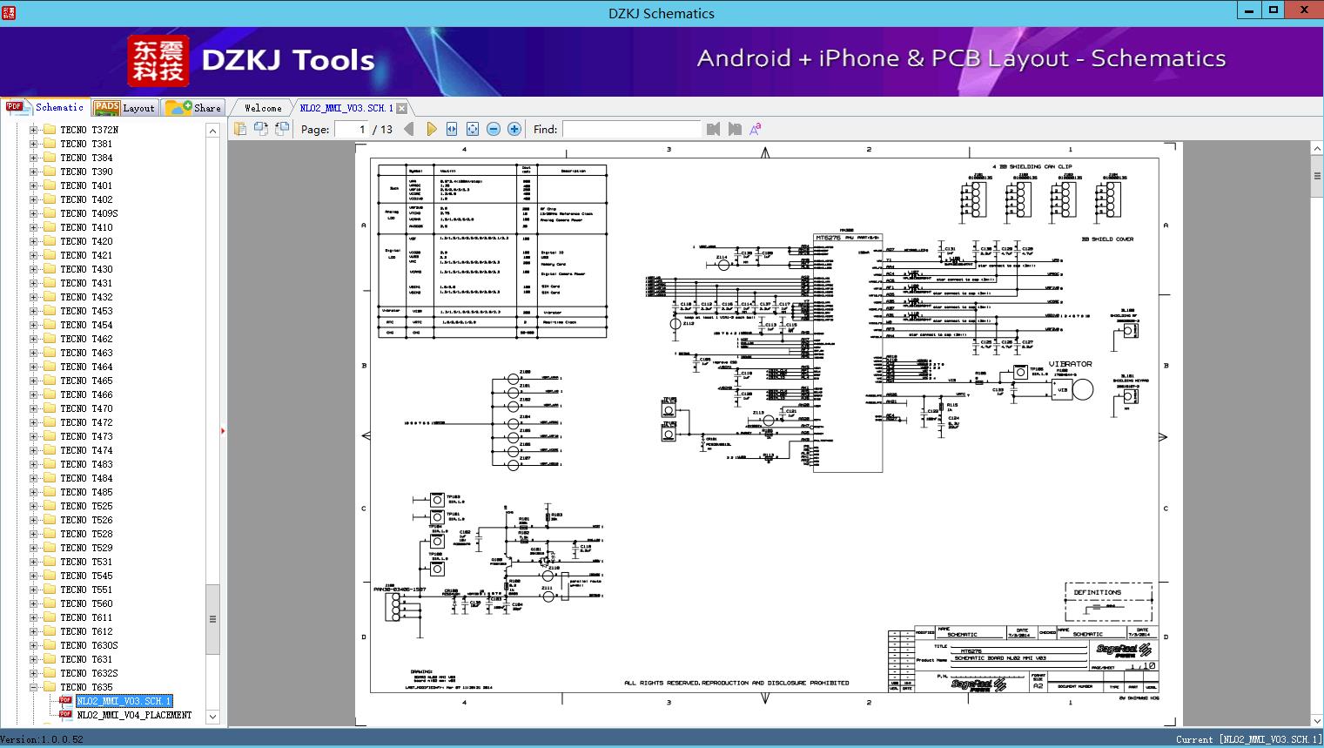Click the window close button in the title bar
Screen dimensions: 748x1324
click(1304, 10)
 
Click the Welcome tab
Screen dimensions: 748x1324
click(263, 108)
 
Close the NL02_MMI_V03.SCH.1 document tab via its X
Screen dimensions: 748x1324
click(402, 109)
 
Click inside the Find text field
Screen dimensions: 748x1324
click(631, 130)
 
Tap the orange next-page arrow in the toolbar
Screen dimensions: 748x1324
click(431, 130)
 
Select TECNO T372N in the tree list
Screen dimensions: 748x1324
click(89, 130)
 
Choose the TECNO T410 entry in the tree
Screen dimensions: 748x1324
click(86, 227)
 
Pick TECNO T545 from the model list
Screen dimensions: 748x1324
click(86, 576)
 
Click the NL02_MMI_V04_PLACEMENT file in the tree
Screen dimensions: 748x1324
click(134, 715)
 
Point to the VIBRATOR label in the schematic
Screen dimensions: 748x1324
click(1070, 364)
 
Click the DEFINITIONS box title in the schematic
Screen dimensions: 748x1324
click(1097, 592)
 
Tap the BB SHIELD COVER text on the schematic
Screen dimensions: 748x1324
click(1107, 239)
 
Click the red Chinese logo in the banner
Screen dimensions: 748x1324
click(158, 61)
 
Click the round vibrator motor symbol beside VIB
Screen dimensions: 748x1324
click(1082, 389)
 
